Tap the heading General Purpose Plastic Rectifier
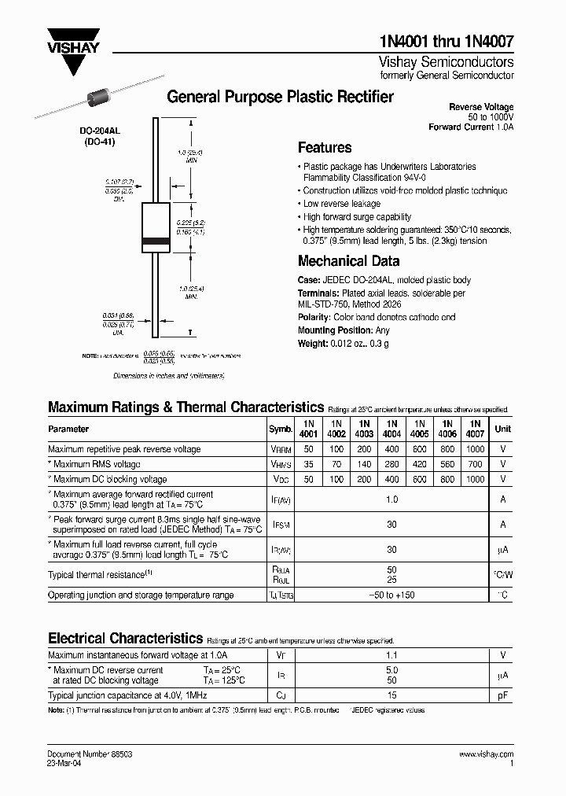point(281,97)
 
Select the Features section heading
point(325,147)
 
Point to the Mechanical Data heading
point(348,261)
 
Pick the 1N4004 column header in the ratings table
point(391,429)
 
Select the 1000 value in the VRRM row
point(475,449)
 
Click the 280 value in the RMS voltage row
point(391,464)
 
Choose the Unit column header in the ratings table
point(502,429)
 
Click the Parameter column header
point(68,429)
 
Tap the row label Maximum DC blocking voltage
point(109,479)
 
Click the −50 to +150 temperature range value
point(391,595)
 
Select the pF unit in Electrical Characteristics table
point(502,695)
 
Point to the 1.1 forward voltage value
point(391,654)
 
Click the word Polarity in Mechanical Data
point(315,318)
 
